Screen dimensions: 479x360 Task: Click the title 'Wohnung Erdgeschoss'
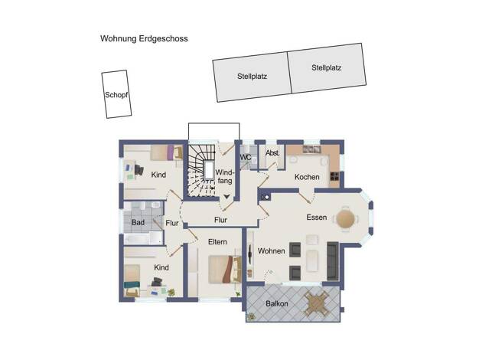(144, 39)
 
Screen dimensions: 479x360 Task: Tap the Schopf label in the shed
(116, 95)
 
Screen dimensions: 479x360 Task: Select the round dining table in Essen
(346, 218)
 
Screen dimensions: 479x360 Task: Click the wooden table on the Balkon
(317, 303)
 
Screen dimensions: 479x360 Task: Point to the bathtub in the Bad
(142, 238)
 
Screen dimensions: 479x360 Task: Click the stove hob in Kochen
(334, 176)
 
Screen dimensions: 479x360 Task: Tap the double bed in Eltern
(225, 269)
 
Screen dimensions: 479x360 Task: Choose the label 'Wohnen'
(272, 250)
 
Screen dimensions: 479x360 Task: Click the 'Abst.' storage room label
(272, 152)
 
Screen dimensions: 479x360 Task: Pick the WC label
(246, 158)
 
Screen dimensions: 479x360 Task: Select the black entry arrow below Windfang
(226, 196)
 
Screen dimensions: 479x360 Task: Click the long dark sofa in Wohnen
(333, 260)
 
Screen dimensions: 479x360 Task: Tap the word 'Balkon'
(277, 304)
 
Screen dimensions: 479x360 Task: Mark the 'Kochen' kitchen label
(307, 177)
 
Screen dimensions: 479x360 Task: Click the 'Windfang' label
(224, 176)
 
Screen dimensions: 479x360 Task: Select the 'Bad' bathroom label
(138, 222)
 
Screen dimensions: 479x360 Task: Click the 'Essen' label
(317, 218)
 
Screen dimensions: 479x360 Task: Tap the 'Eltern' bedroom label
(217, 242)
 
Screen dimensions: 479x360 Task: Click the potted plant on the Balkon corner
(252, 317)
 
